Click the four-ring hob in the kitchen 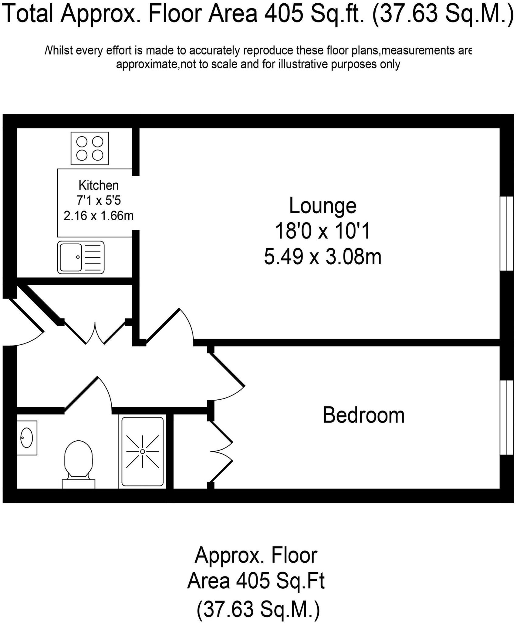(x=90, y=148)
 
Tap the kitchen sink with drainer (x=81, y=257)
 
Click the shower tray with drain (x=142, y=451)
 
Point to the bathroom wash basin (x=27, y=438)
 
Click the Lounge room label (x=323, y=206)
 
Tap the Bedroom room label (x=363, y=415)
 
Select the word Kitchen (x=99, y=185)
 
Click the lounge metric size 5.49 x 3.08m (x=323, y=257)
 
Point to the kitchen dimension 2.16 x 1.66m (x=99, y=216)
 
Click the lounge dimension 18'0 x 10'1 (x=323, y=231)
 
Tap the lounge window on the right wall (x=507, y=233)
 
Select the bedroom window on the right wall (x=507, y=417)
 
